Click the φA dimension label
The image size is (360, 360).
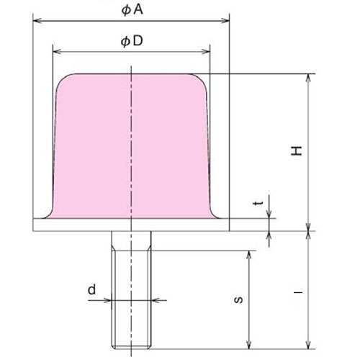point(131,9)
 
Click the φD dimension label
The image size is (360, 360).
point(131,41)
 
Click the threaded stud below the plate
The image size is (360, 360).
point(130,288)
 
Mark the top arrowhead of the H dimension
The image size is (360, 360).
point(309,77)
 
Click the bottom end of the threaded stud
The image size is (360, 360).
point(130,344)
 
